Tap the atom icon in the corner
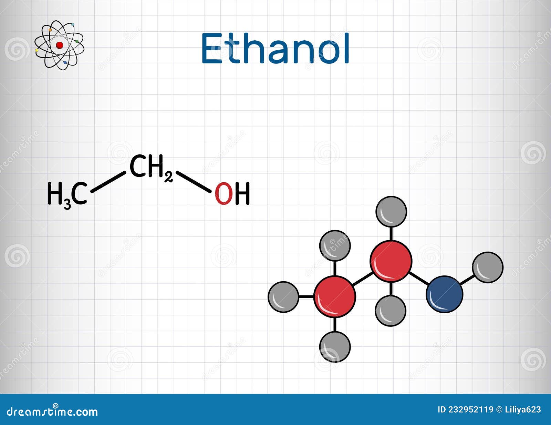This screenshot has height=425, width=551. (59, 45)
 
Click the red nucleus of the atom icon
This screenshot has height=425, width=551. (59, 45)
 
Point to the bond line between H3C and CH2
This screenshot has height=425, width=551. (108, 181)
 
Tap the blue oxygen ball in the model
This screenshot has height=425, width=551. (444, 294)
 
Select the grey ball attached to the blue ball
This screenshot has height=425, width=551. (487, 267)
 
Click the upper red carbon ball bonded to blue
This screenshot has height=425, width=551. (391, 261)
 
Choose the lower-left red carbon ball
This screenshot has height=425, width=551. (335, 296)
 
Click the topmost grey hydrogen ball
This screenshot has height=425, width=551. (391, 212)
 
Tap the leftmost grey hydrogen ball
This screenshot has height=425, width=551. (283, 297)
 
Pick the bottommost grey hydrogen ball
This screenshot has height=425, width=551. (335, 346)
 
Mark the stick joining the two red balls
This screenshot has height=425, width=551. (363, 279)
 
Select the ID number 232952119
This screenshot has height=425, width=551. (471, 409)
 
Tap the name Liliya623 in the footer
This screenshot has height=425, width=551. (522, 409)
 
